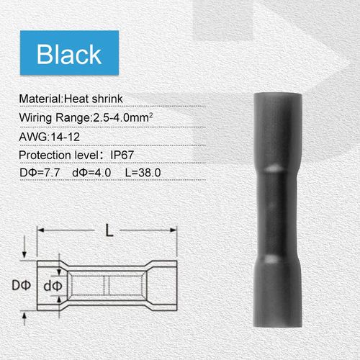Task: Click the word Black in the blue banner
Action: [x=69, y=55]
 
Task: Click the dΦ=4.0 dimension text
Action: [x=99, y=174]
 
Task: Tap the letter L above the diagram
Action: [x=108, y=232]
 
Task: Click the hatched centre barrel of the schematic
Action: [x=107, y=285]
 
